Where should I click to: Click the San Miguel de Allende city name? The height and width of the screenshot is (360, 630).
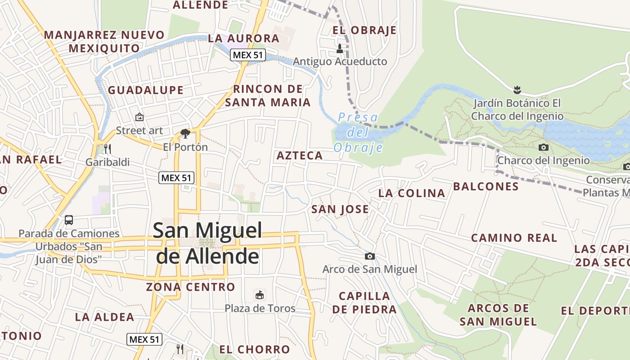pos(207,243)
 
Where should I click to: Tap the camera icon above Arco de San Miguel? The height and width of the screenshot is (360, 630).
pos(369,256)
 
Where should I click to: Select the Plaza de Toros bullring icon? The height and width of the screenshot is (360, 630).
pos(260,295)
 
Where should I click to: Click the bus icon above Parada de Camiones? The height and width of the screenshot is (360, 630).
pos(69,220)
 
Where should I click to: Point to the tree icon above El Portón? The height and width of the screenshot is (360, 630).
pos(185,133)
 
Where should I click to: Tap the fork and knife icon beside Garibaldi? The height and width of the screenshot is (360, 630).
pos(107,148)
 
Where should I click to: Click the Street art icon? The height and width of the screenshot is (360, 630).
pos(139,117)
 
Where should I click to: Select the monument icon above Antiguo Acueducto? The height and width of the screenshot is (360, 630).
pos(340,48)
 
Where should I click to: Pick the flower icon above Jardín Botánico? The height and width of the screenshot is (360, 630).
pos(517,90)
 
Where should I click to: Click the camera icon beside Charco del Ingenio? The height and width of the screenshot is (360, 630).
pos(544,147)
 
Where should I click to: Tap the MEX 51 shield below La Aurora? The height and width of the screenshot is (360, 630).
pos(248,55)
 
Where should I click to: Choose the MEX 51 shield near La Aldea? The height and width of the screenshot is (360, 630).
pos(144,339)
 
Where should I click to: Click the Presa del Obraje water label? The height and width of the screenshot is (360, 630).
pos(358,133)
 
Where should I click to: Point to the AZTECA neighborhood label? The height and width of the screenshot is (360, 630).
pos(300,156)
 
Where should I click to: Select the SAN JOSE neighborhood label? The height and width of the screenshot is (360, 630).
pos(340,209)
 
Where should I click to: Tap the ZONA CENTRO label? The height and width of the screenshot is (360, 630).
pos(191,287)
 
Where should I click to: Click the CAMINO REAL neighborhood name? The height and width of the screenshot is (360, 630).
pos(514,238)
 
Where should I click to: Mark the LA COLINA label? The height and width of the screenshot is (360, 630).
pos(412,193)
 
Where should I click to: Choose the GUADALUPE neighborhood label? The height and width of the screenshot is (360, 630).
pos(146,90)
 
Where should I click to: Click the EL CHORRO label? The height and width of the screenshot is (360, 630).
pos(255,349)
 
